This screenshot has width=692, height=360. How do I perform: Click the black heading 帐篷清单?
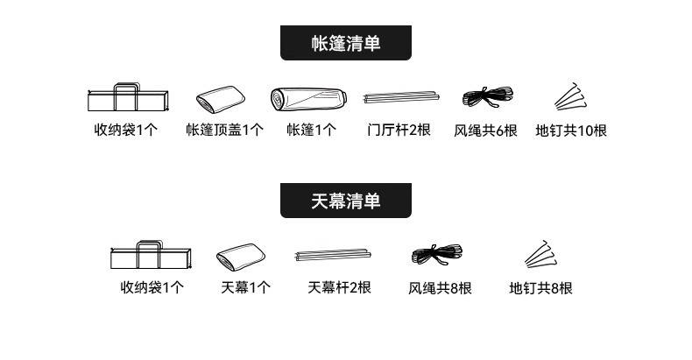[x=346, y=43]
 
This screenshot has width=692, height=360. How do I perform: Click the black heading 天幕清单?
[x=346, y=201]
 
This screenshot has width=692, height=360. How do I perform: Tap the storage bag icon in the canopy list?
[x=151, y=256]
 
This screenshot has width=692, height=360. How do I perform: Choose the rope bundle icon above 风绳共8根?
[x=439, y=254]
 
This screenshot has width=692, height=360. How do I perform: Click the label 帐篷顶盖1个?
[x=224, y=131]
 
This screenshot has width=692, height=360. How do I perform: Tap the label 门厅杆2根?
[x=399, y=130]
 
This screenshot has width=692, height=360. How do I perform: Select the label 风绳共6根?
[x=486, y=131]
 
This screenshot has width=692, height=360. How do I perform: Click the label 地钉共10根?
[x=570, y=131]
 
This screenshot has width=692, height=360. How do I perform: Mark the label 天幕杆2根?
[x=340, y=287]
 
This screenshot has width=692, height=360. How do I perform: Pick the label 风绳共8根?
[x=440, y=287]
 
